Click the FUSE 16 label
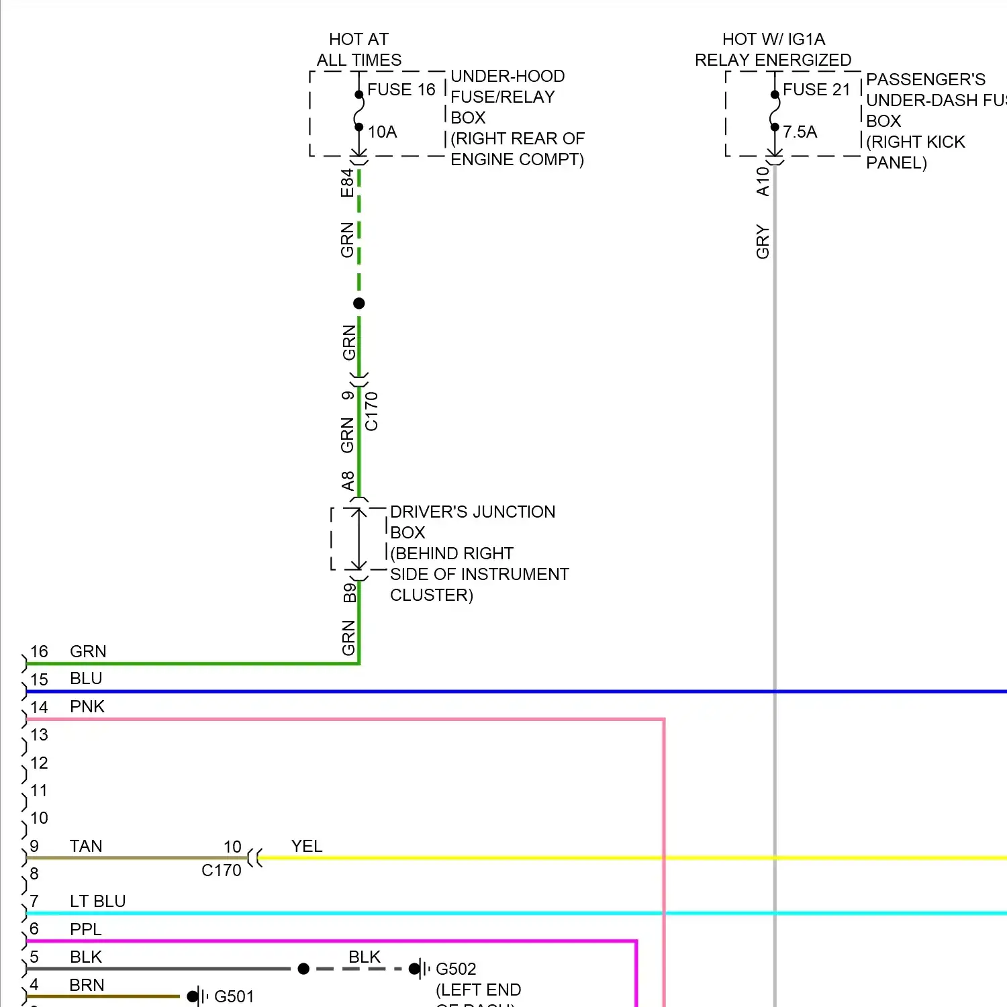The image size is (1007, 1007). [401, 90]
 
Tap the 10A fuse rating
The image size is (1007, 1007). [382, 132]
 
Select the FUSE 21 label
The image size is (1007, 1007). [816, 90]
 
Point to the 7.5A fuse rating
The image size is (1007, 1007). [800, 132]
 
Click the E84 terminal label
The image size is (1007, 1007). [347, 183]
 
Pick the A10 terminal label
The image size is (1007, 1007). [763, 181]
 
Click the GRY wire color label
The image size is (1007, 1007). [763, 242]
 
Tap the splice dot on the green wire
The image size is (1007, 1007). [359, 303]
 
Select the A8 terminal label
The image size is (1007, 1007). [348, 481]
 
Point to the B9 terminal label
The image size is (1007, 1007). [349, 593]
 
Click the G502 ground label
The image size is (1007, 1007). [456, 969]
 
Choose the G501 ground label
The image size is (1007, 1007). [234, 997]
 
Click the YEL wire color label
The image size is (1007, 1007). [307, 847]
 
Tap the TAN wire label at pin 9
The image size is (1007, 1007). [86, 847]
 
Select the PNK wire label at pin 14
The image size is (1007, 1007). [87, 707]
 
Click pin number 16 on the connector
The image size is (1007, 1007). [39, 652]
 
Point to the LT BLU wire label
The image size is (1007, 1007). [98, 902]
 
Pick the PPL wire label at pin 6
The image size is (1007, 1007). [86, 930]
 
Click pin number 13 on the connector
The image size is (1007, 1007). [39, 735]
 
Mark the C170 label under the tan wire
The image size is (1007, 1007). [222, 871]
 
